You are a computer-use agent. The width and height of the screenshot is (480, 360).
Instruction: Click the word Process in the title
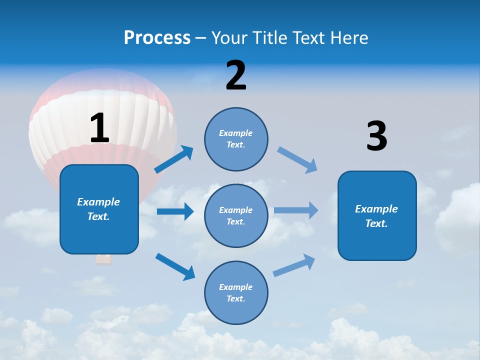(x=157, y=37)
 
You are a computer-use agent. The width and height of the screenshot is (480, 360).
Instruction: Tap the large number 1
(x=99, y=128)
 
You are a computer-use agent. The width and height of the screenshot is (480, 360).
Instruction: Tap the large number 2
(x=236, y=75)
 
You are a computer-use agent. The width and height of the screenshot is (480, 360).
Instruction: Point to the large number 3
(x=376, y=136)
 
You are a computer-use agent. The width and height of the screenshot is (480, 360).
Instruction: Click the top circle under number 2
(x=236, y=139)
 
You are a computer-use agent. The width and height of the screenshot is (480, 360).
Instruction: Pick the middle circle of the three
(x=236, y=215)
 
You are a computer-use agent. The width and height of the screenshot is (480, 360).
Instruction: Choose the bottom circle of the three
(x=236, y=292)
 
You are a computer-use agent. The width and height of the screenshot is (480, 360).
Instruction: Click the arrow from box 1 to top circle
(x=174, y=159)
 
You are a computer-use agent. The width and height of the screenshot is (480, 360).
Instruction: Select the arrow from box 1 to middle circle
(x=175, y=211)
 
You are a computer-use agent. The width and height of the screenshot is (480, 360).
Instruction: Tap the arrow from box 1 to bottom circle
(x=175, y=266)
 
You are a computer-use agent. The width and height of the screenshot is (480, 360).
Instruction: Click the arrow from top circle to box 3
(x=297, y=160)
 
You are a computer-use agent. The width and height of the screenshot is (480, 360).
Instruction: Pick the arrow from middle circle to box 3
(x=296, y=210)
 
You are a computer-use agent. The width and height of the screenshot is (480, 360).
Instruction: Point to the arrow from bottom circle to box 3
(x=294, y=265)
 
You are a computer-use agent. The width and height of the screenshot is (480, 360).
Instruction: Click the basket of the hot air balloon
(x=103, y=259)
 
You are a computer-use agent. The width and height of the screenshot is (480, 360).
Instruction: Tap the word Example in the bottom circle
(x=236, y=287)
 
